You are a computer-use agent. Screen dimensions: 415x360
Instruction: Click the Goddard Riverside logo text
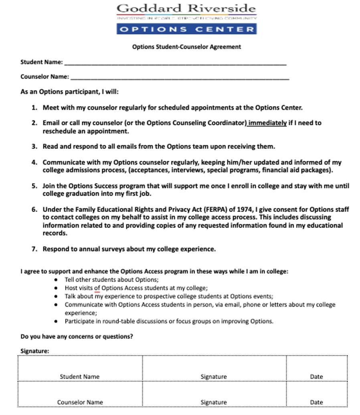point(186,8)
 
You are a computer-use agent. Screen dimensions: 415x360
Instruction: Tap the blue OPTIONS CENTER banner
point(186,29)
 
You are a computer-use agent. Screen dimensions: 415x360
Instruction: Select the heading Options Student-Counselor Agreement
point(186,47)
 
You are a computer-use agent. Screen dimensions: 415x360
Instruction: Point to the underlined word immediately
point(267,123)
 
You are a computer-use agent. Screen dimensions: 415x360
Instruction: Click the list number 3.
point(34,146)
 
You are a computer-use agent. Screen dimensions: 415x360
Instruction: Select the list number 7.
point(34,249)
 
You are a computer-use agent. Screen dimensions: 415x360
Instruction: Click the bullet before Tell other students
point(56,280)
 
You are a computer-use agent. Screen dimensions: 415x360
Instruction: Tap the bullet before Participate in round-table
point(56,321)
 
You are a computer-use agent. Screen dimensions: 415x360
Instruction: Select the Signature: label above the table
point(35,351)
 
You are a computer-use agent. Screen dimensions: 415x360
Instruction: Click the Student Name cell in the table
point(79,376)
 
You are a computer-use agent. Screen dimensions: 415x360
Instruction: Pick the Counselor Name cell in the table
point(80,402)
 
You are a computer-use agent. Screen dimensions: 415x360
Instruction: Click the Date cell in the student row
point(316,376)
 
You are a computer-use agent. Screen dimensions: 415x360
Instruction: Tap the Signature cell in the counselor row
point(214,402)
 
